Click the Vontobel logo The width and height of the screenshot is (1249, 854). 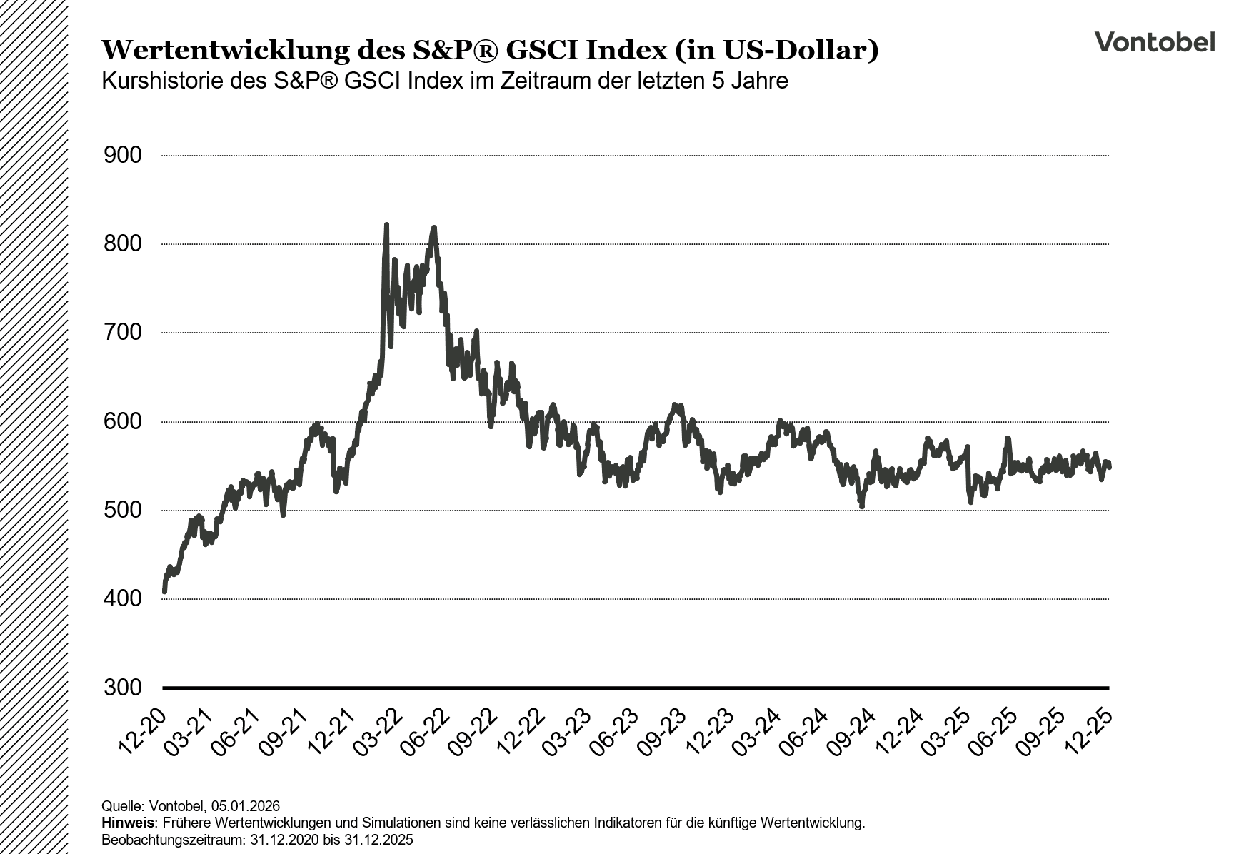click(x=1154, y=42)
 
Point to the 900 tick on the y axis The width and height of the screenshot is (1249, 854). click(x=123, y=156)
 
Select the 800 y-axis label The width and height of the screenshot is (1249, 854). click(x=123, y=244)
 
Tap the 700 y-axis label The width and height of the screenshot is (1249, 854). click(x=123, y=333)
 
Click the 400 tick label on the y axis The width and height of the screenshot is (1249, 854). click(x=123, y=599)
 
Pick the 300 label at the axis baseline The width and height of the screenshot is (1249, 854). click(x=123, y=688)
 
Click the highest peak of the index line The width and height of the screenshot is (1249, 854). click(x=386, y=226)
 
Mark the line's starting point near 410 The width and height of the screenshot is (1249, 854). click(x=164, y=591)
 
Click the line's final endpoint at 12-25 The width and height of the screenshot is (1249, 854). click(x=1109, y=467)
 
